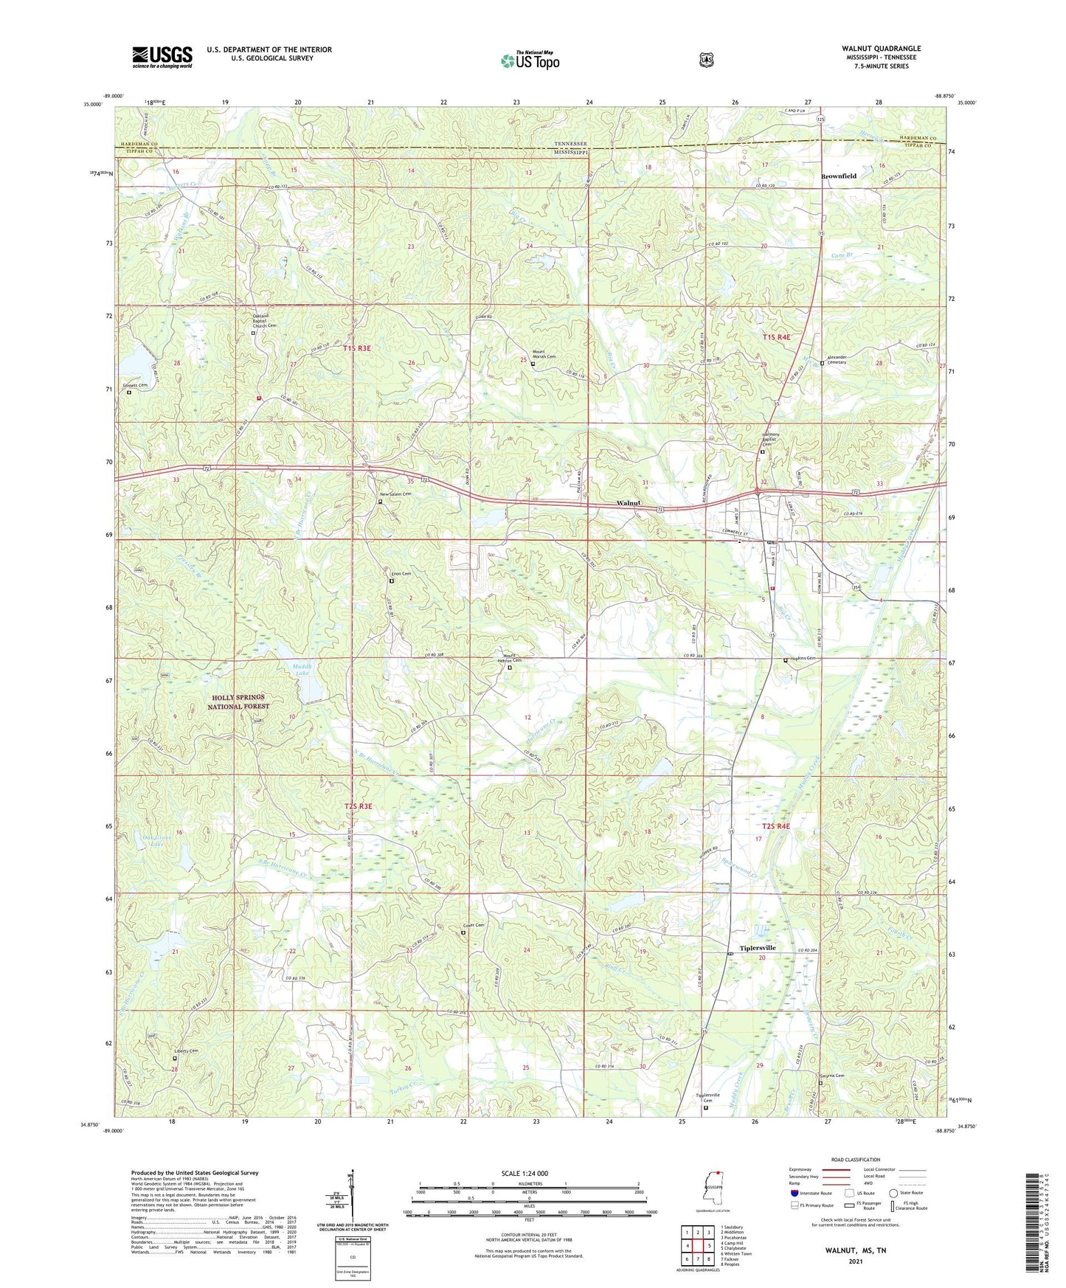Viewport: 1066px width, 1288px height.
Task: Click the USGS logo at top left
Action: [x=162, y=57]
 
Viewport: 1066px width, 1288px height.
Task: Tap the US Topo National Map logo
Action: [x=530, y=60]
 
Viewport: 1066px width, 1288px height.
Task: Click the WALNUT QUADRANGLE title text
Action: [x=881, y=49]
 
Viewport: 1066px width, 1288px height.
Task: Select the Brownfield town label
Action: [x=839, y=176]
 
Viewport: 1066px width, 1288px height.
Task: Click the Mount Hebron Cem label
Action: [x=507, y=659]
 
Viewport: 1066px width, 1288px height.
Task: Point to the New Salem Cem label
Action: [x=395, y=494]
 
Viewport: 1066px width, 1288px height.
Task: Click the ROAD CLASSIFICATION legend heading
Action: [x=855, y=1160]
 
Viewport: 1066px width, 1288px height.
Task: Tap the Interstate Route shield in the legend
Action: [x=794, y=1193]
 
